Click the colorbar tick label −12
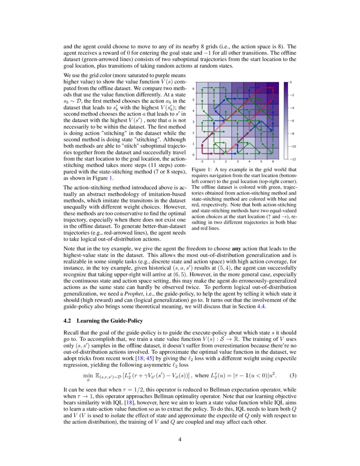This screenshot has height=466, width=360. (x=292, y=159)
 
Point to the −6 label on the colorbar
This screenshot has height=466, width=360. (x=292, y=121)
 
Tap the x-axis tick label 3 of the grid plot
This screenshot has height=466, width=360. (x=238, y=162)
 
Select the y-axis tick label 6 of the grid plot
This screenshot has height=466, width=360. (x=194, y=89)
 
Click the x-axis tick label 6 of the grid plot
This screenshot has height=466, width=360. (x=273, y=162)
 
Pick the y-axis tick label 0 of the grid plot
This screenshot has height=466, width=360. (x=194, y=155)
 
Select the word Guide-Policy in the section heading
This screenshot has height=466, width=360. (x=126, y=320)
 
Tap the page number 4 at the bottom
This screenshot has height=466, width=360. (x=180, y=439)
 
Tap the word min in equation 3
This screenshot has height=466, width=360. (x=89, y=375)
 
